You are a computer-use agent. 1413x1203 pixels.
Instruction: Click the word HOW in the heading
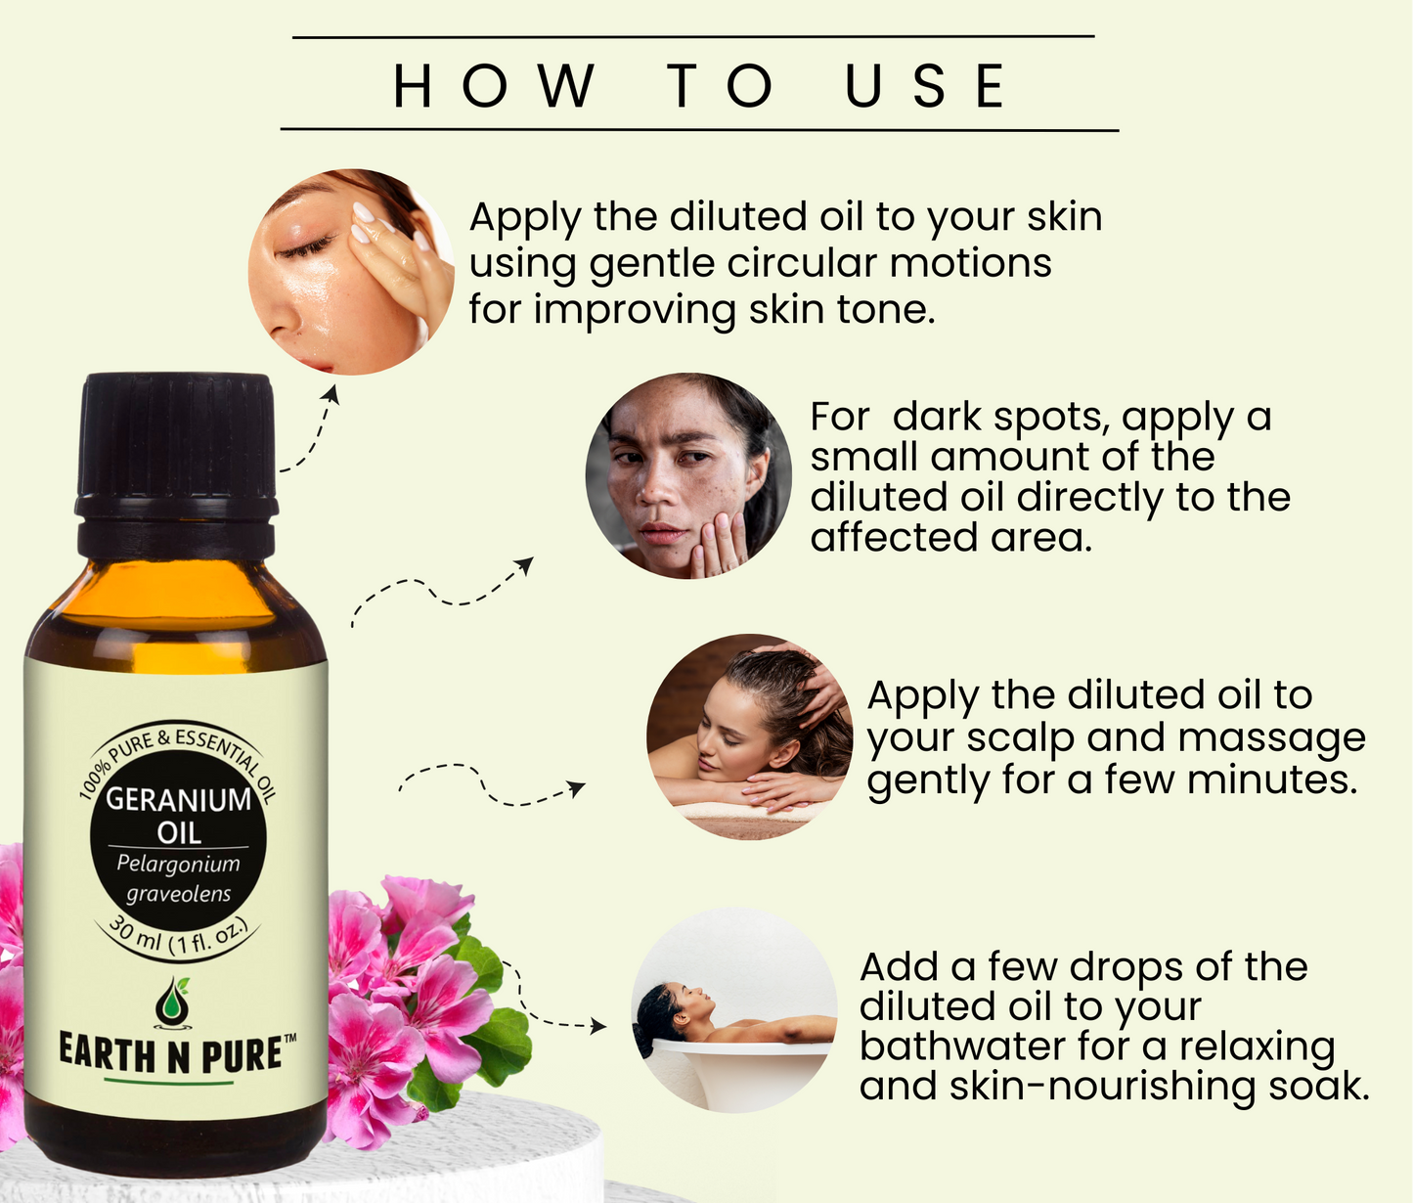click(494, 85)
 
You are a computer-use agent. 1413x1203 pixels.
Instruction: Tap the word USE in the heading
click(925, 85)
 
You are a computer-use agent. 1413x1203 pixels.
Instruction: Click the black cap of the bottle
click(177, 465)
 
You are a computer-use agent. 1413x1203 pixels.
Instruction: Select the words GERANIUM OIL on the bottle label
click(178, 816)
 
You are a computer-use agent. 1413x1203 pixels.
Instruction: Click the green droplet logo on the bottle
click(172, 1003)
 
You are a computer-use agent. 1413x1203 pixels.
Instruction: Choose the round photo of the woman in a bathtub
click(734, 1010)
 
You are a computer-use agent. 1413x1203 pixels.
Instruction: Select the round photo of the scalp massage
click(750, 736)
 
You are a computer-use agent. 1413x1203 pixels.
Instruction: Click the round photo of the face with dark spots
click(688, 476)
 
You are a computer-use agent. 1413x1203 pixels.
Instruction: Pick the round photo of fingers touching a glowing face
click(351, 272)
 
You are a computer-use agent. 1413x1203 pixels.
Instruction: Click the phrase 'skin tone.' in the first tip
click(842, 310)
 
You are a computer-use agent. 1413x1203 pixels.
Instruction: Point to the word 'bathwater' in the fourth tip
click(960, 1047)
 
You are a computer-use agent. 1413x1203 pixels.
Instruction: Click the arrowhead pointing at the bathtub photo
click(598, 1026)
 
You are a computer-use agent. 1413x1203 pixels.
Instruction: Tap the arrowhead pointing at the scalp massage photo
click(578, 789)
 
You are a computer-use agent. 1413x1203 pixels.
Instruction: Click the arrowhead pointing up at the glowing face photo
click(331, 393)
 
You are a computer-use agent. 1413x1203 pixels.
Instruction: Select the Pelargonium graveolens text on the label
click(178, 879)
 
